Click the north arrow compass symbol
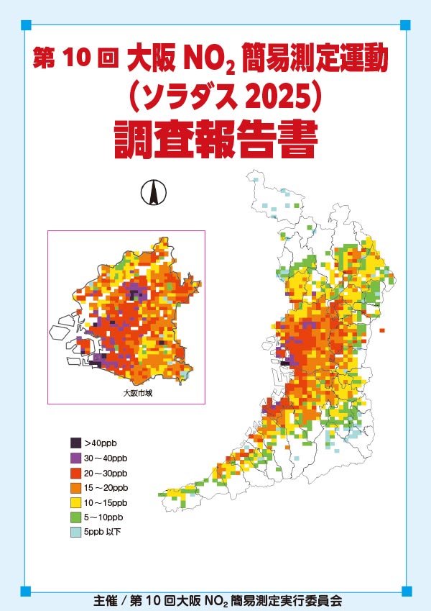(152, 192)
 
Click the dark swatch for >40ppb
(75, 443)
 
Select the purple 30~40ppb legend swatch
(75, 458)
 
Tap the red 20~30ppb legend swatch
(75, 473)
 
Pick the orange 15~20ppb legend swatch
(75, 488)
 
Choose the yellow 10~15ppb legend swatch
(75, 502)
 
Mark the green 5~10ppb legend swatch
(75, 517)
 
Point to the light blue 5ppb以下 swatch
(75, 533)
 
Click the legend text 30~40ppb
(106, 458)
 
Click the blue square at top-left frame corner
(26, 25)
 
